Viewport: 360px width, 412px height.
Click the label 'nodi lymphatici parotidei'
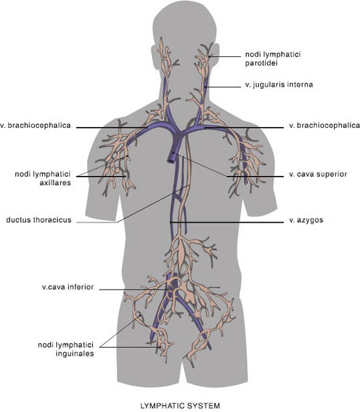(x=273, y=59)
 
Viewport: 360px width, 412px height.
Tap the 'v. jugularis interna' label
(x=279, y=84)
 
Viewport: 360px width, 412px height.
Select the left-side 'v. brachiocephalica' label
(x=35, y=125)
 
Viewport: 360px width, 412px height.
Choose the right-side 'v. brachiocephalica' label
(x=325, y=125)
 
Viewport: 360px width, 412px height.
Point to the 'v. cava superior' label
(x=318, y=174)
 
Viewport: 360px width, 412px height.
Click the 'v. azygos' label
(x=306, y=220)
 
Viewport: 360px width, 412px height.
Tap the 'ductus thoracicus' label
(x=39, y=219)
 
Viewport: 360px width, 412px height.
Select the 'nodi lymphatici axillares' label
(x=43, y=179)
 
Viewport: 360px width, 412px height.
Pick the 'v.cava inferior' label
(x=68, y=287)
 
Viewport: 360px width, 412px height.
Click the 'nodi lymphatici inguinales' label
(x=66, y=349)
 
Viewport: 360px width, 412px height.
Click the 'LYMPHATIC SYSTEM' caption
(x=180, y=406)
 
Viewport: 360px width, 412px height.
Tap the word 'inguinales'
(x=75, y=354)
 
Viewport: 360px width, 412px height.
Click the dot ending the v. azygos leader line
(x=171, y=222)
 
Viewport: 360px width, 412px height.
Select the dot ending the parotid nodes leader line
(x=209, y=56)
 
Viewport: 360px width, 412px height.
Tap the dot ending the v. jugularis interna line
(x=205, y=87)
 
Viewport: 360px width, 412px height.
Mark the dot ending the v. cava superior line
(x=173, y=152)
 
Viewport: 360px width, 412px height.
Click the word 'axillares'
(x=56, y=183)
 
